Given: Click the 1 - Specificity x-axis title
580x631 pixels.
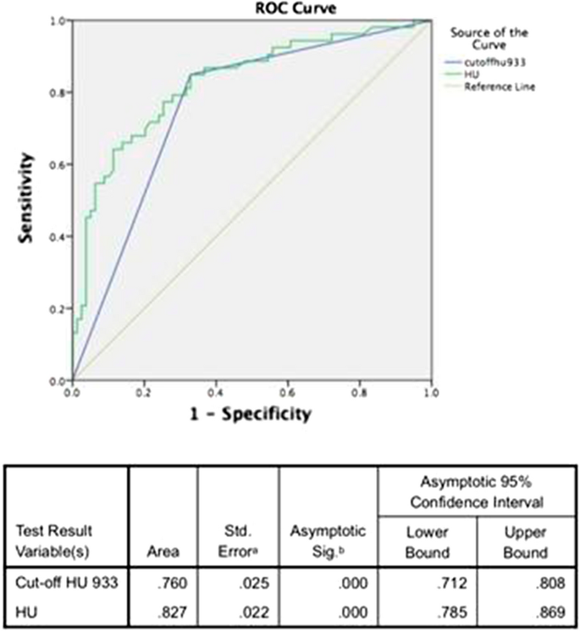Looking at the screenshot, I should (251, 414).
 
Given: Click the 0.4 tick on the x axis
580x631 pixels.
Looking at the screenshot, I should (216, 394).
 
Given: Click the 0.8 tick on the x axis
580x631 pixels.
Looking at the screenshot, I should (359, 394).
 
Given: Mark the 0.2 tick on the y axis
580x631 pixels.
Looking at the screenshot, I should (59, 308).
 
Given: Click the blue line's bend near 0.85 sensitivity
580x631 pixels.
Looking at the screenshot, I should (191, 75).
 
